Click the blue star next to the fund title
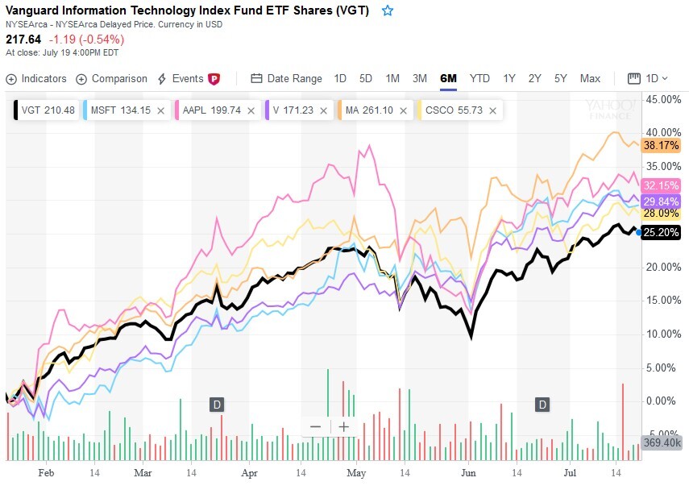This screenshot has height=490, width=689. coord(388,10)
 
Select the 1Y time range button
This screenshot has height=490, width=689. coord(509,78)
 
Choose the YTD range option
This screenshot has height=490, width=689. coord(479,78)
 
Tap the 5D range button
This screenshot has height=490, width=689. coord(366,78)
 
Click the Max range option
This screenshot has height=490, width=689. coord(590,78)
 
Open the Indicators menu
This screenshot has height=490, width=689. coord(36,79)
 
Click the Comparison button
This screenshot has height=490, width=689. coord(112,79)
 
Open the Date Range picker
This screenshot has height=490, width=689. coord(286,79)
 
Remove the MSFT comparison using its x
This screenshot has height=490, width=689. coord(160,110)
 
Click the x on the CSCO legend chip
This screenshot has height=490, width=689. coord(492,110)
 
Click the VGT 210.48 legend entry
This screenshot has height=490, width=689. coord(46,110)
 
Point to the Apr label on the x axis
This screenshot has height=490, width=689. coord(250,474)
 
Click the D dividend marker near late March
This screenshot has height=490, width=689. coord(217,404)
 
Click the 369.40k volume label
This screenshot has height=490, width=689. coord(661,443)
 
